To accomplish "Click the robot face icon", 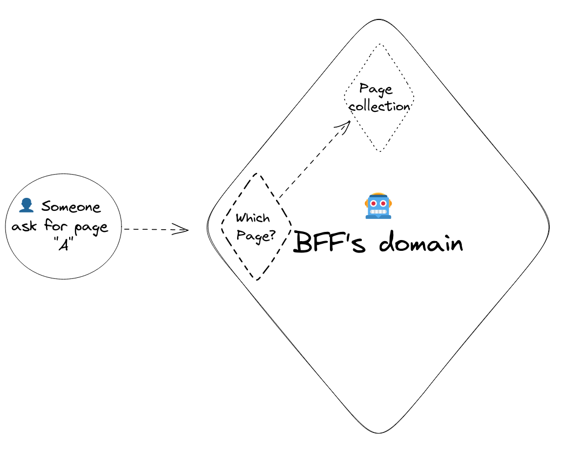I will (x=379, y=206).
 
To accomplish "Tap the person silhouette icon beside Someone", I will (x=26, y=205).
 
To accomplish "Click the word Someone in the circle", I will (x=71, y=206).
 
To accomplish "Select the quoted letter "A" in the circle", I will (x=64, y=243).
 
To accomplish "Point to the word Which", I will (x=253, y=218).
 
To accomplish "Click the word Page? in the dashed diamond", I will (x=256, y=236).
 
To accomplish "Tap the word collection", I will (x=379, y=106).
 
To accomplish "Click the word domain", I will (x=421, y=243).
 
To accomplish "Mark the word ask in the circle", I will (x=25, y=226).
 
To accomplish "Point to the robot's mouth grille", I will (x=379, y=211).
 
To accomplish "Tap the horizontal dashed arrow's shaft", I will (x=151, y=230).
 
